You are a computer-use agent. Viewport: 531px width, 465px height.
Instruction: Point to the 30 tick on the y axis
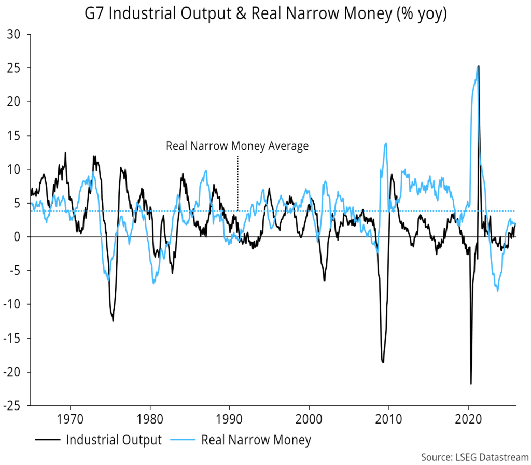(x=19, y=35)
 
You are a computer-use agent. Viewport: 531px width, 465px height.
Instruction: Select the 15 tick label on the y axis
(x=19, y=136)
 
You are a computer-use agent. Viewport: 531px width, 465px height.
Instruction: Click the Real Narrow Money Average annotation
(x=237, y=146)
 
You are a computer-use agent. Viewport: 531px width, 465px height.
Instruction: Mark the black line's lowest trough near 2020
(x=471, y=384)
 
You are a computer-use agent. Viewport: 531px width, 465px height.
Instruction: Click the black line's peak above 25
(x=478, y=66)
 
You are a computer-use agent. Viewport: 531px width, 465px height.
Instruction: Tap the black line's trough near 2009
(x=383, y=362)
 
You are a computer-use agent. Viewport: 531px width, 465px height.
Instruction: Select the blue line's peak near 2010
(x=386, y=143)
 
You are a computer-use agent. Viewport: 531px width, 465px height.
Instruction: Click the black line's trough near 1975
(x=113, y=321)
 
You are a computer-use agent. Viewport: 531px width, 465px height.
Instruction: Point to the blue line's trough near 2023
(x=498, y=291)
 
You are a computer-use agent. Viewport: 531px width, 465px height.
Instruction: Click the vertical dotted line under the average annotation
(x=237, y=181)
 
